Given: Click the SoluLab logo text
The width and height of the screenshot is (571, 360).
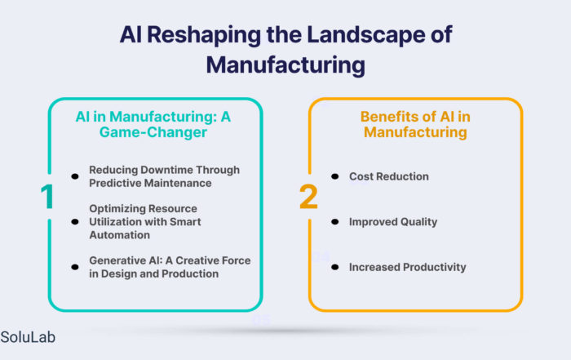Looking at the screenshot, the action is pyautogui.click(x=28, y=337).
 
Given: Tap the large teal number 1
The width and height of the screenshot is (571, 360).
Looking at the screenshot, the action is pyautogui.click(x=47, y=197).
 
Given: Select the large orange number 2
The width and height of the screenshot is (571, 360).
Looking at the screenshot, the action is pyautogui.click(x=308, y=197).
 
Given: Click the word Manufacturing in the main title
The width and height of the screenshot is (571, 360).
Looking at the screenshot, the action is pyautogui.click(x=285, y=65).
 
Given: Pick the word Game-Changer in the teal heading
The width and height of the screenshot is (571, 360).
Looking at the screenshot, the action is pyautogui.click(x=153, y=132).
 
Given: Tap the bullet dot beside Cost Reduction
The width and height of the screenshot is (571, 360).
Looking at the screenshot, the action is pyautogui.click(x=335, y=176).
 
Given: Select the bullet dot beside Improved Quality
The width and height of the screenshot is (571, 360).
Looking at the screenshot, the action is pyautogui.click(x=335, y=221).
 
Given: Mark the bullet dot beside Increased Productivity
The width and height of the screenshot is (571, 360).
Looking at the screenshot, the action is pyautogui.click(x=335, y=267).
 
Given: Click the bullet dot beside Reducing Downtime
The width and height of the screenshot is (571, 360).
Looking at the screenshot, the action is pyautogui.click(x=75, y=176).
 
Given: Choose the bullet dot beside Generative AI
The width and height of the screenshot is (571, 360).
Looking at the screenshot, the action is pyautogui.click(x=75, y=267).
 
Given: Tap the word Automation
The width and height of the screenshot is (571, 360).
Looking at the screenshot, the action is pyautogui.click(x=119, y=235).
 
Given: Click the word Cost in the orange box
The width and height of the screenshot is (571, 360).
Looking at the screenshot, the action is pyautogui.click(x=361, y=176).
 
